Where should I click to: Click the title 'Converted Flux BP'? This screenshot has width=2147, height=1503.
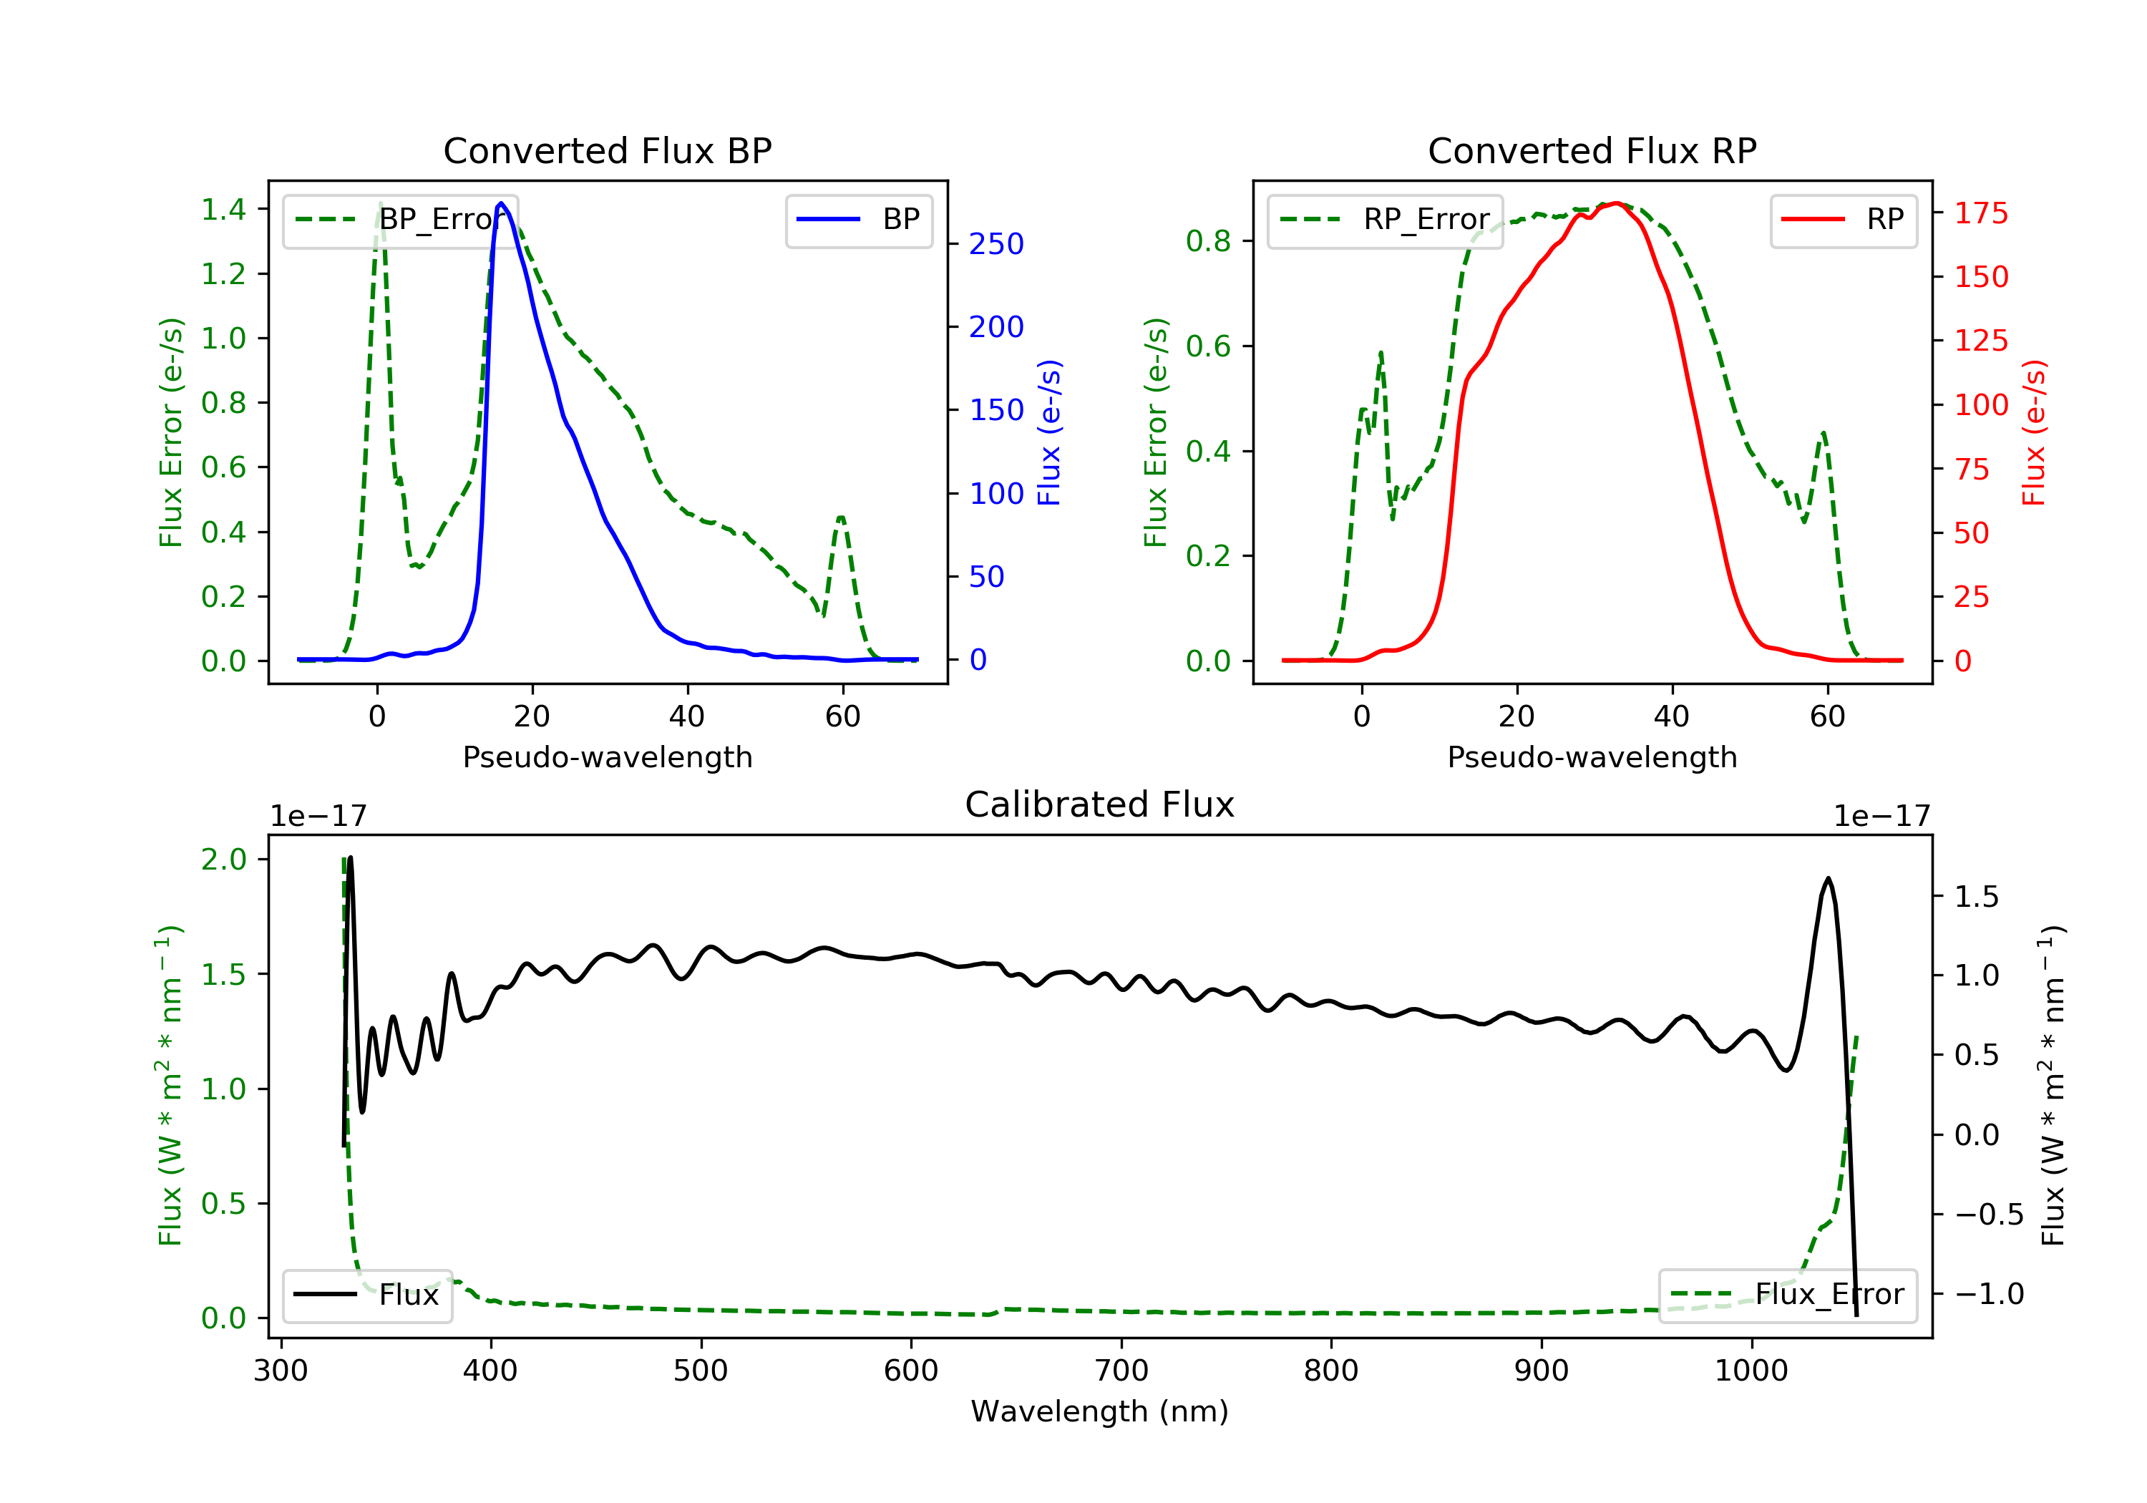(607, 150)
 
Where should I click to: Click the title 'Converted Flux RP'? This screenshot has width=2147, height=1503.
(1592, 150)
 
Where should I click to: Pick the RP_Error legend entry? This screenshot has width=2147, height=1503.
(1385, 220)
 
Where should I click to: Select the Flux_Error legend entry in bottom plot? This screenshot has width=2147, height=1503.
(1787, 1295)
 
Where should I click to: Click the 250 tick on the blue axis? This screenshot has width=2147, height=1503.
(996, 244)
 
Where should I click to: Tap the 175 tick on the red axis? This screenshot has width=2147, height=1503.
(1980, 213)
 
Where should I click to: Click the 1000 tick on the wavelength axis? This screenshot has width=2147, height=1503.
(1751, 1371)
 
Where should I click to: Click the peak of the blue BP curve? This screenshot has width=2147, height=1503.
(501, 203)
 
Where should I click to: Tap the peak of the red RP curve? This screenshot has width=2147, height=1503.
(1616, 203)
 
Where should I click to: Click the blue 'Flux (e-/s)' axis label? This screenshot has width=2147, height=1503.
(1049, 432)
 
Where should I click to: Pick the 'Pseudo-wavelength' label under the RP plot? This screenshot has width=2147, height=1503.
(1592, 757)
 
